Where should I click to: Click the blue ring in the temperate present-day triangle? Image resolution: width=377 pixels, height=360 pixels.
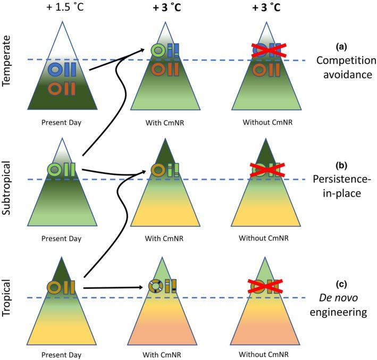pos(55,69)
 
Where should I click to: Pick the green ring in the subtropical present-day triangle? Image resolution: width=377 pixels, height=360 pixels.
pos(55,169)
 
